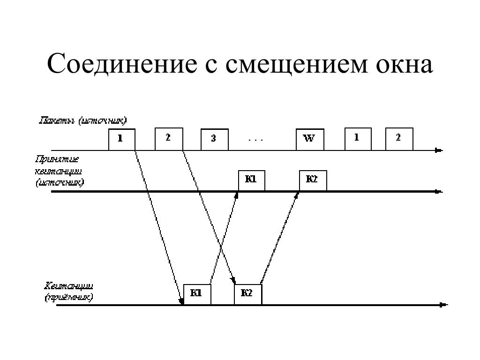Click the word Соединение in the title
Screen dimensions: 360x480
coord(121,64)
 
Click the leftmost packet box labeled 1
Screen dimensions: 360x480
coord(121,139)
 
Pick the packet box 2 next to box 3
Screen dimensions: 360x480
coord(168,138)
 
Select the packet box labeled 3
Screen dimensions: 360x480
coord(214,139)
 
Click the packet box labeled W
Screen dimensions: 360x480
coord(309,139)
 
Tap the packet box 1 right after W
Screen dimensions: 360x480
coord(358,138)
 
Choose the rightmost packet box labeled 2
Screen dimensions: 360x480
coord(399,138)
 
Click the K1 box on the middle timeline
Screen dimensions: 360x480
coord(251,180)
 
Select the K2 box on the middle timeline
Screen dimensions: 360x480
coord(313,180)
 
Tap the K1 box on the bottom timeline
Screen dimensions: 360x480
coord(197,294)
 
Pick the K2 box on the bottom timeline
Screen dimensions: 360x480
coord(248,294)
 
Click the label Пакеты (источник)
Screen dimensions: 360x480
coord(82,121)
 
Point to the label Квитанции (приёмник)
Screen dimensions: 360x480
coord(69,292)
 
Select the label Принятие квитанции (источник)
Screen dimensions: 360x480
coord(60,172)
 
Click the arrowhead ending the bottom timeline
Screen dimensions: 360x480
coord(443,305)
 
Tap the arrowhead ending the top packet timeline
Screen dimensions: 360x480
coord(439,150)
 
